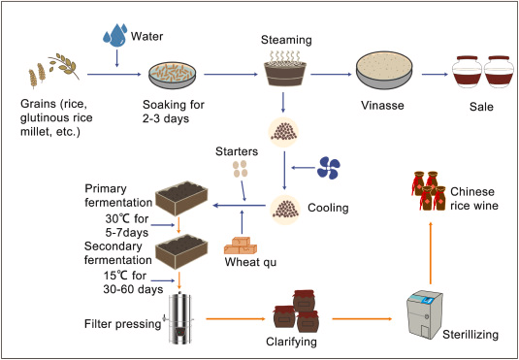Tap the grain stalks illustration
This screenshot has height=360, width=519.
click(x=46, y=75)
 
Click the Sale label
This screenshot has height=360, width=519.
click(x=476, y=113)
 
